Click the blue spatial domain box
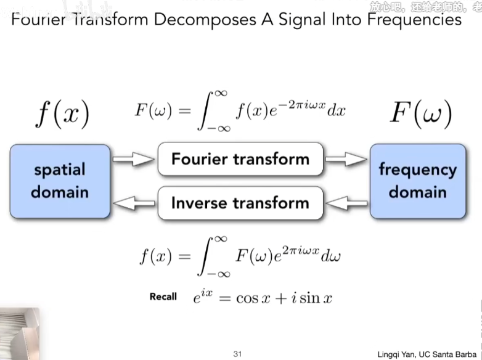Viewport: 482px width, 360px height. click(x=60, y=181)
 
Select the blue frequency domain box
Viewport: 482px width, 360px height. click(x=417, y=181)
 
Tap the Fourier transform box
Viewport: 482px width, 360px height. click(x=240, y=159)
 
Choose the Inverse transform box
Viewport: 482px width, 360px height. click(x=240, y=202)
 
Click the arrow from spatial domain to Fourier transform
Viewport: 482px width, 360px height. click(x=134, y=160)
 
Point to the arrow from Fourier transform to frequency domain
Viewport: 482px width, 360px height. click(x=346, y=160)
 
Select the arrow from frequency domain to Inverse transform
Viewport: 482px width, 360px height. click(x=346, y=202)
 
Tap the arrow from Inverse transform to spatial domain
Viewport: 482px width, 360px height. click(x=134, y=202)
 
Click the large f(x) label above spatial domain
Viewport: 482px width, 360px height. click(x=62, y=113)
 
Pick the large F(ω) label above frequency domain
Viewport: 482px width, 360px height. click(x=421, y=113)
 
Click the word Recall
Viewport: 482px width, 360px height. click(x=163, y=297)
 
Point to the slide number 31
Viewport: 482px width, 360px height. click(x=238, y=354)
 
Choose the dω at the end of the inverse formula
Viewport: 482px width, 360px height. click(x=329, y=256)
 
